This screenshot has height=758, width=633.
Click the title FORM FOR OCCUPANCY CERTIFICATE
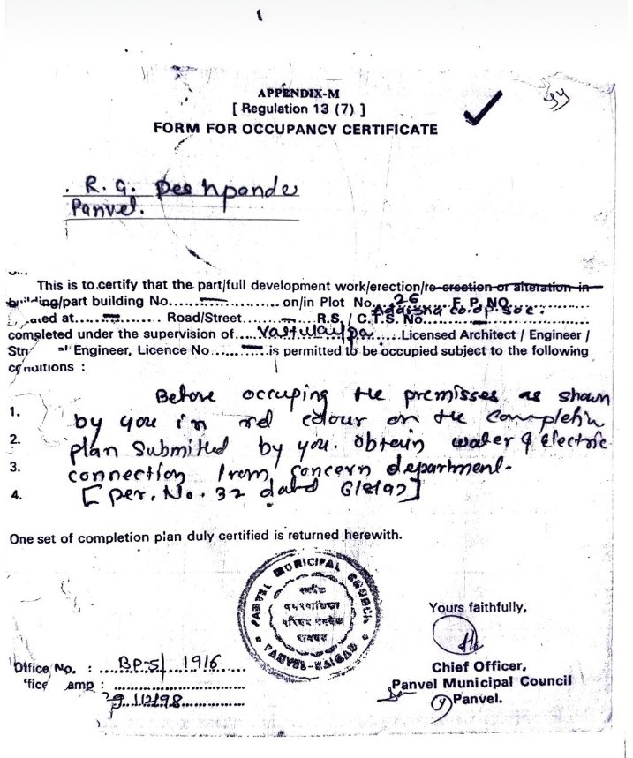pos(295,129)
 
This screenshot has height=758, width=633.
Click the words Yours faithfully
pos(478,607)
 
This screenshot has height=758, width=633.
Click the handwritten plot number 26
pos(403,298)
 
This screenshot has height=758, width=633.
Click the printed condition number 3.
pos(15,468)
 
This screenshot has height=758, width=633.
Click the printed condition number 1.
pos(14,411)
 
